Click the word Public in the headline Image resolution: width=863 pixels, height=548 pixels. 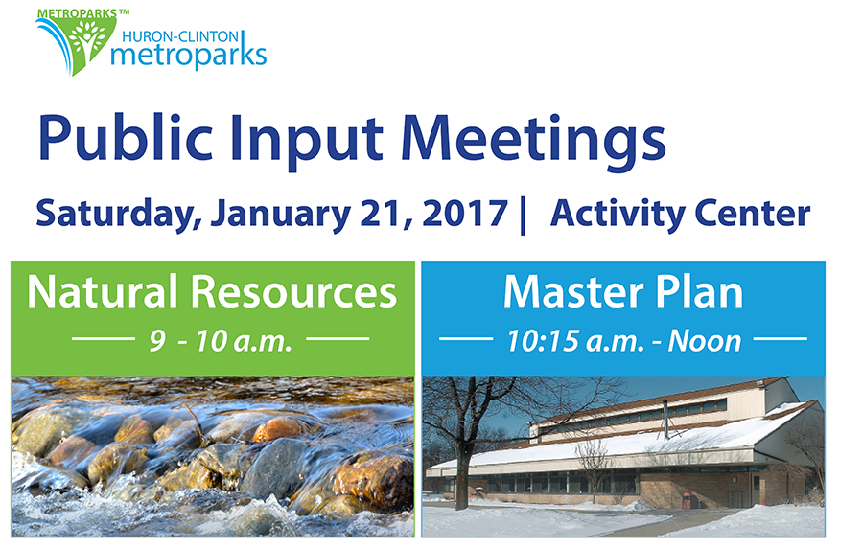click(x=126, y=140)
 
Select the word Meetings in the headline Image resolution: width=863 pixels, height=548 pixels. click(x=533, y=140)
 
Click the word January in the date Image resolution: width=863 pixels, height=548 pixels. click(x=281, y=215)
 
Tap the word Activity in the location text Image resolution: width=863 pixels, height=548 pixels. click(x=617, y=214)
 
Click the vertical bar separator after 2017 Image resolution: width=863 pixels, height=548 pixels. click(x=523, y=215)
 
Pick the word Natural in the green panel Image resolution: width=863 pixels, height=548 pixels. click(x=103, y=291)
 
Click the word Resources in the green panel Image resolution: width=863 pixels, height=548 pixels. click(x=294, y=291)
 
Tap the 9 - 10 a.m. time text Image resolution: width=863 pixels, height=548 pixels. click(x=221, y=341)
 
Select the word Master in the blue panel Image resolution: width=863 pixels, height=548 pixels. click(x=573, y=291)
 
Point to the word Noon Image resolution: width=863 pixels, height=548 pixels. click(x=705, y=341)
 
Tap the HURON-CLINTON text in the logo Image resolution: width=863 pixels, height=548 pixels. click(x=180, y=36)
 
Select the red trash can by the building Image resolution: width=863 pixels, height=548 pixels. click(x=687, y=500)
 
